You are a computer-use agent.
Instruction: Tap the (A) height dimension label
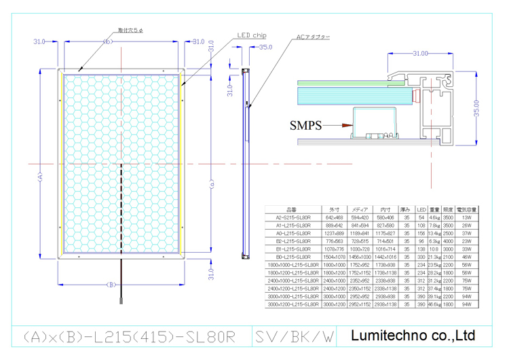click(39, 176)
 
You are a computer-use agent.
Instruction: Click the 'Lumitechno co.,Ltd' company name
click(415, 335)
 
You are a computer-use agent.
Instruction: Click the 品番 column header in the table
click(293, 209)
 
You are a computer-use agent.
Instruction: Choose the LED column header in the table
click(421, 209)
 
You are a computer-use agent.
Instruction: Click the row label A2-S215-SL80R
click(293, 217)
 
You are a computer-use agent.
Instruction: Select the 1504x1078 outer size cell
click(335, 258)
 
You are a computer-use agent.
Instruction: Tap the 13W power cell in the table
click(466, 217)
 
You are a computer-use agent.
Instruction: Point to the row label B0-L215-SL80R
click(293, 258)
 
